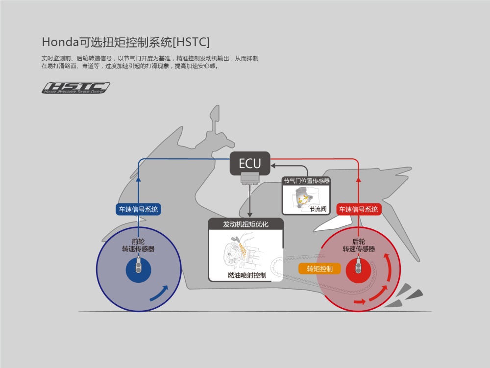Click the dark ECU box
[x=250, y=163]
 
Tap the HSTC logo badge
[x=76, y=88]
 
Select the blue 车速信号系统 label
[x=139, y=209]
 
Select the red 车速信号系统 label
[x=359, y=209]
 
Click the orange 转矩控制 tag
[x=319, y=269]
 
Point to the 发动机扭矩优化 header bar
[x=245, y=224]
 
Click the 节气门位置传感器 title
[x=307, y=181]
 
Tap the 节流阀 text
[x=318, y=209]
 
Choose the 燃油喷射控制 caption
[x=247, y=275]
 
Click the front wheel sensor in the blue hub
[x=139, y=266]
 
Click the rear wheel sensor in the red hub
[x=359, y=266]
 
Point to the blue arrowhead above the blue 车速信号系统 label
[x=139, y=179]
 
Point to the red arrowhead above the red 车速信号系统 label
[x=359, y=179]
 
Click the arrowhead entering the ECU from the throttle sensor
[x=273, y=166]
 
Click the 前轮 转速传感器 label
[x=139, y=245]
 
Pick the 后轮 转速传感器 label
[x=359, y=245]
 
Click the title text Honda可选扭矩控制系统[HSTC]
[x=126, y=42]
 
